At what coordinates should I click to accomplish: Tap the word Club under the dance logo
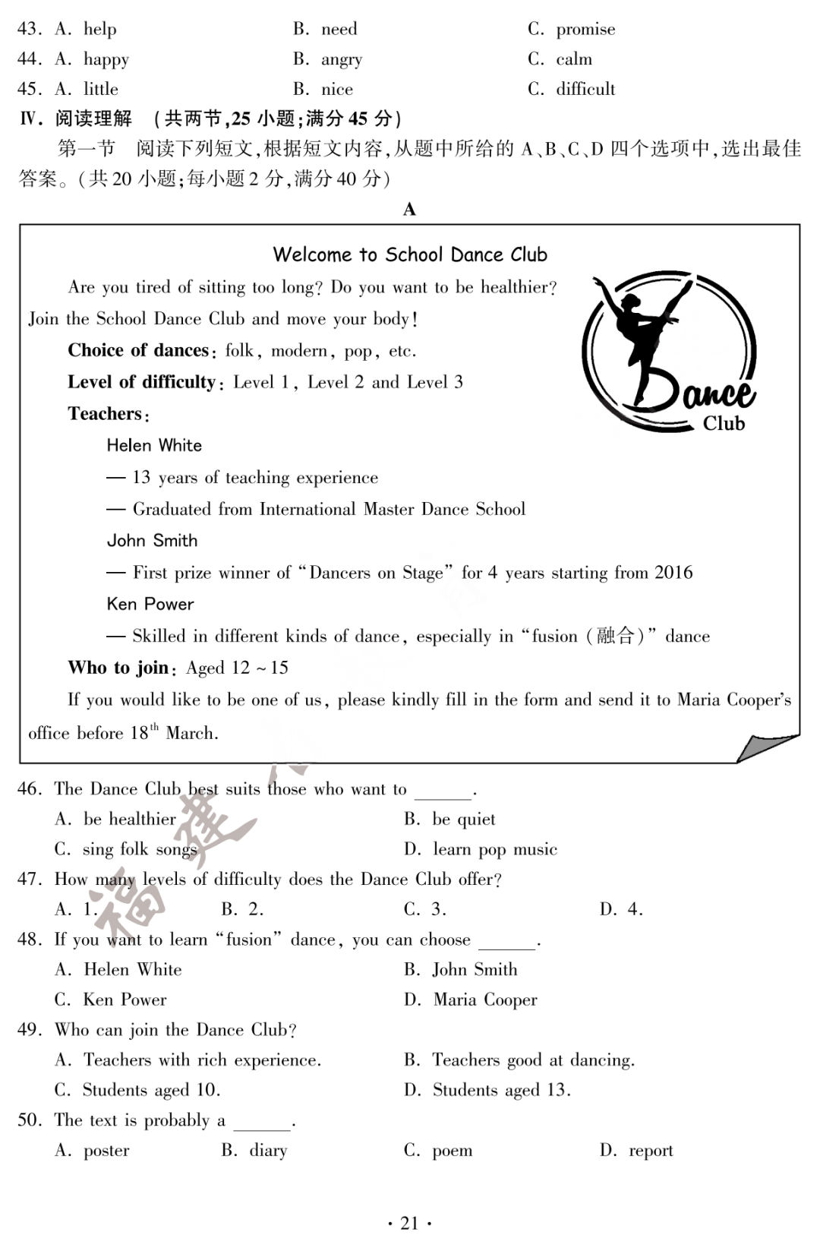click(x=724, y=424)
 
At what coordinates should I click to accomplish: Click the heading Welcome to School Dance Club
click(x=410, y=254)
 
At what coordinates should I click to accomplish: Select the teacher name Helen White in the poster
click(x=154, y=445)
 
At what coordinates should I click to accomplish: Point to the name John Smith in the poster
click(x=152, y=540)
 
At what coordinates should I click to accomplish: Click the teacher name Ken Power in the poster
click(x=150, y=604)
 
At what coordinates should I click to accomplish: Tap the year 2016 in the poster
click(x=673, y=572)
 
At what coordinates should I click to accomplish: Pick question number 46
click(x=29, y=789)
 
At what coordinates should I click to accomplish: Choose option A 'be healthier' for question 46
click(x=129, y=819)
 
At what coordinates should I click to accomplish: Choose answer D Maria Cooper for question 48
click(x=484, y=1000)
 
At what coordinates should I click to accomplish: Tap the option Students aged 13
click(x=501, y=1090)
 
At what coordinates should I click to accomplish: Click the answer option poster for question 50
click(x=106, y=1151)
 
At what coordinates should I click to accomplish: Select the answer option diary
click(x=268, y=1151)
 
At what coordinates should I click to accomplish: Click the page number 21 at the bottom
click(x=409, y=1223)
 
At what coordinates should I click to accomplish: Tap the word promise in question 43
click(x=585, y=29)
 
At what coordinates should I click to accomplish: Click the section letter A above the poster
click(x=409, y=210)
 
